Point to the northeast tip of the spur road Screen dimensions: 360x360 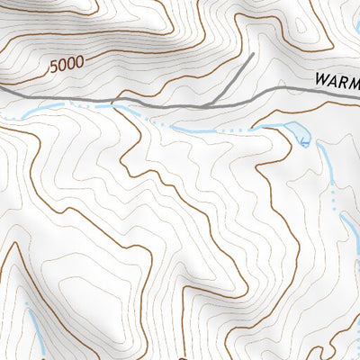click(253, 54)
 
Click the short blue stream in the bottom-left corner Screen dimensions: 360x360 click(33, 324)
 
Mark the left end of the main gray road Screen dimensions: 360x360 click(3, 90)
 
